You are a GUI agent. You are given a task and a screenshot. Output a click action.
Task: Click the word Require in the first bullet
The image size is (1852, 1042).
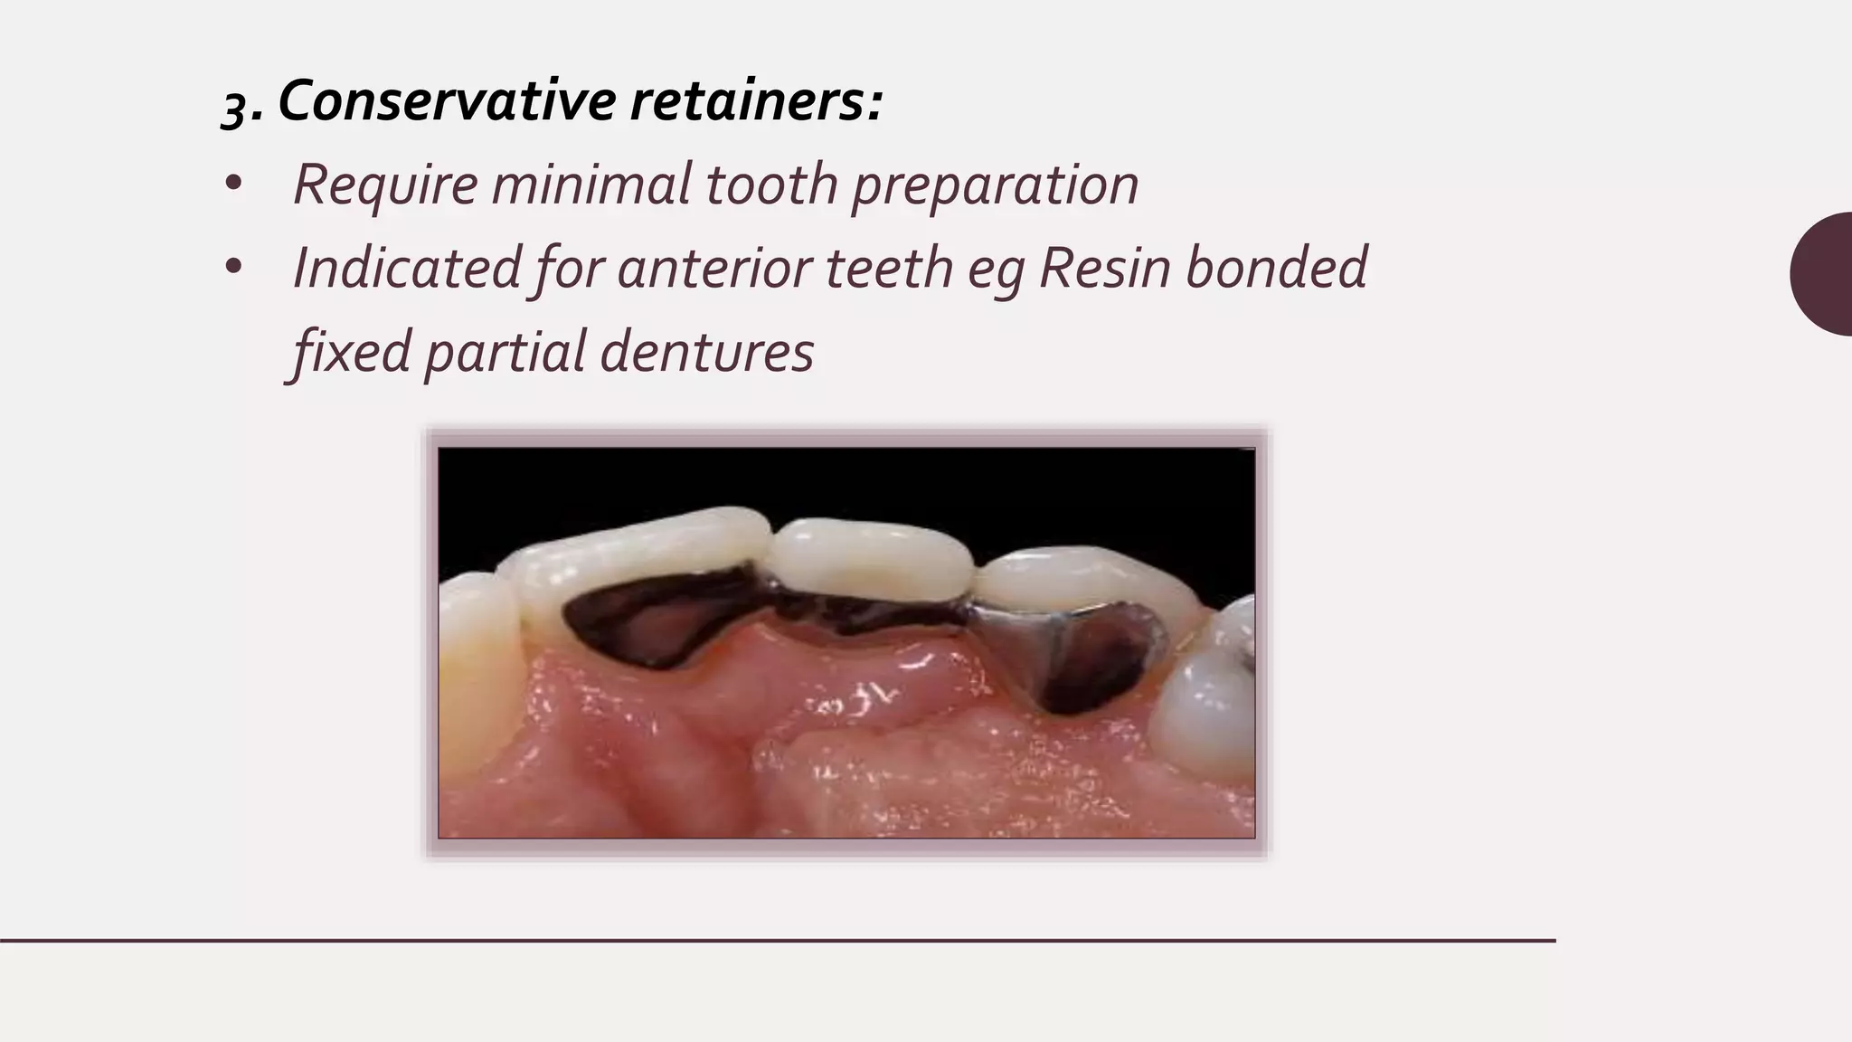click(x=384, y=185)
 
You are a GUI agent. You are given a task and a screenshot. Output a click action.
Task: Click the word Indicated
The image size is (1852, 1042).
click(x=407, y=269)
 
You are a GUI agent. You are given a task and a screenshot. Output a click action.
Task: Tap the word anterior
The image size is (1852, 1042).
click(x=713, y=269)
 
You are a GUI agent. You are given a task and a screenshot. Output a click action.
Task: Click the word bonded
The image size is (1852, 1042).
click(x=1276, y=269)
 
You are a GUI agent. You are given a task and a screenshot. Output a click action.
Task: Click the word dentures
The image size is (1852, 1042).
click(x=706, y=351)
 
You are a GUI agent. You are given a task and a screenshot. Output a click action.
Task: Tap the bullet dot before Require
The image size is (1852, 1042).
click(x=233, y=184)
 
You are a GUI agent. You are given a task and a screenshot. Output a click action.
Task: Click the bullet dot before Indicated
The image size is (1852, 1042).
click(x=233, y=267)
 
